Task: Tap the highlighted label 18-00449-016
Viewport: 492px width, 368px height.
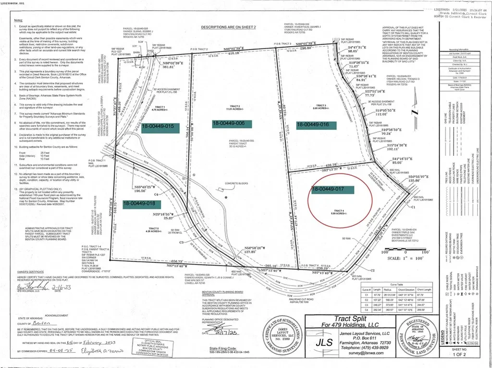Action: (x=313, y=124)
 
